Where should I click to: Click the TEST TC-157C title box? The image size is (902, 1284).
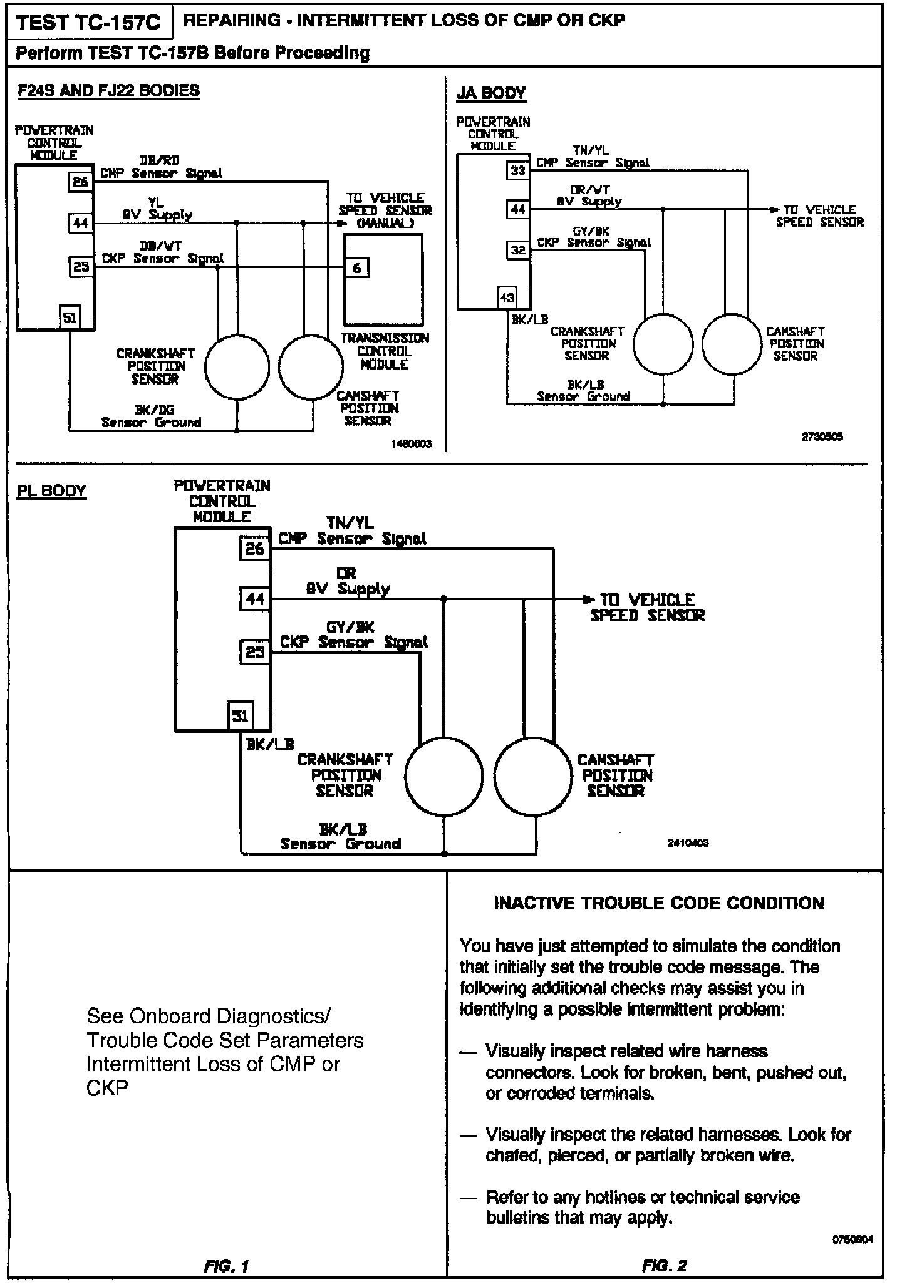click(88, 23)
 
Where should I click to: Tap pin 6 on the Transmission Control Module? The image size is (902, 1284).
click(356, 268)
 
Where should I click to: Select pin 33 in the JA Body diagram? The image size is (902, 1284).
click(517, 170)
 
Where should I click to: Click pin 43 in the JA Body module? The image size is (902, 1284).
click(507, 298)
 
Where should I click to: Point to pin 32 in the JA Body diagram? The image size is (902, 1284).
click(517, 251)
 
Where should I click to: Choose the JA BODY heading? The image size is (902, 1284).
click(491, 93)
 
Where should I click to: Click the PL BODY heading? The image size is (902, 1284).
click(51, 490)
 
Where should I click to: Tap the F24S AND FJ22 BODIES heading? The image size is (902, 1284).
click(108, 91)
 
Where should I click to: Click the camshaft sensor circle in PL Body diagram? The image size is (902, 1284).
click(533, 776)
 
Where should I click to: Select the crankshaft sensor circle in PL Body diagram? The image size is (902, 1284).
click(443, 776)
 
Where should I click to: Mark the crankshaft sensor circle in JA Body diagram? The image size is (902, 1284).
click(663, 344)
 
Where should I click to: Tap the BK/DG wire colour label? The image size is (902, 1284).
click(155, 410)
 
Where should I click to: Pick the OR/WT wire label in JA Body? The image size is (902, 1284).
click(589, 190)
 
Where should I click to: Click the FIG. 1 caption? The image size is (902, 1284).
click(226, 1266)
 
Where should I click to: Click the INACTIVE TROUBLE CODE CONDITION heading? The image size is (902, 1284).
click(659, 903)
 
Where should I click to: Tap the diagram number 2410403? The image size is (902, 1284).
click(688, 843)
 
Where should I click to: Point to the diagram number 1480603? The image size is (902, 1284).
click(411, 444)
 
